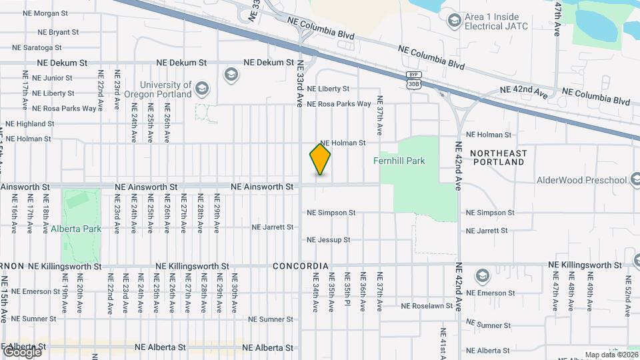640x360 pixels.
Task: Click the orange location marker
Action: [x=320, y=159]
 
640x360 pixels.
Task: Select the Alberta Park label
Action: [x=76, y=229]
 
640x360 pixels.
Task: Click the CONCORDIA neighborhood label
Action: [x=301, y=266]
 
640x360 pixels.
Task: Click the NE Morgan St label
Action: [x=46, y=13]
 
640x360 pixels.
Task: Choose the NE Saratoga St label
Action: [x=37, y=47]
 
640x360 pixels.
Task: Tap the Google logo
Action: [x=22, y=351]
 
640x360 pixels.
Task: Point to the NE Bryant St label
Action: [x=59, y=31]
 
